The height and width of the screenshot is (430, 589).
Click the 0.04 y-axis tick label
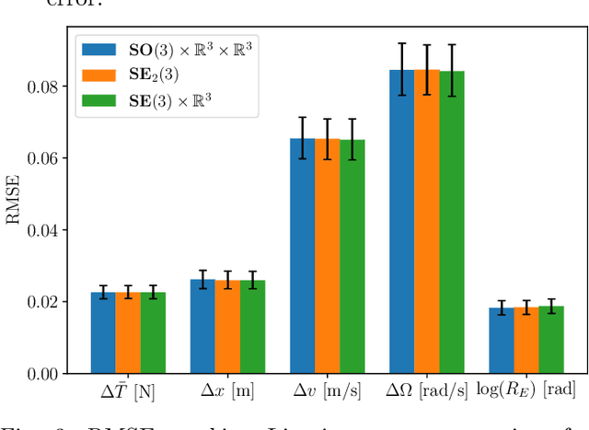click(46, 230)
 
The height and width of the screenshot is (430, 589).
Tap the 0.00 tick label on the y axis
click(46, 374)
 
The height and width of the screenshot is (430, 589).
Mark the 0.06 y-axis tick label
click(46, 158)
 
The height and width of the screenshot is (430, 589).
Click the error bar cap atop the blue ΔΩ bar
click(401, 43)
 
